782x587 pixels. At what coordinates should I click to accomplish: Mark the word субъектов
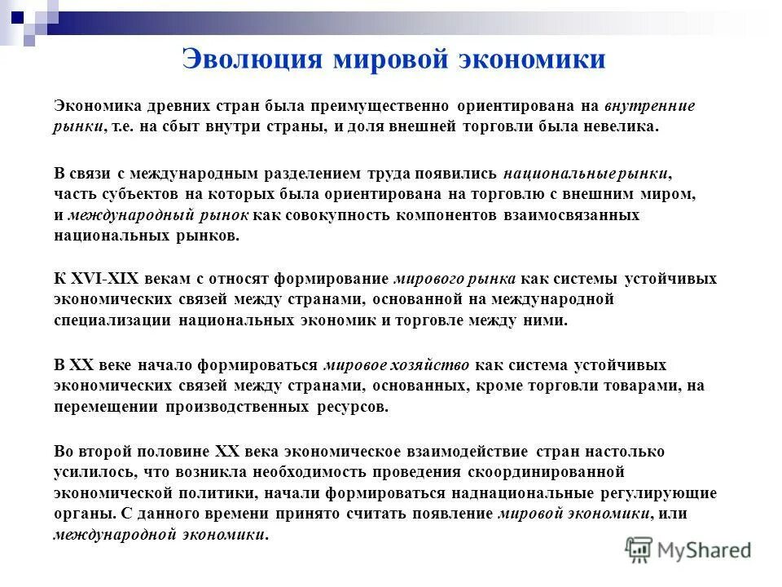135,195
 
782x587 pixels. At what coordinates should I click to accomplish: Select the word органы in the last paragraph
82,514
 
